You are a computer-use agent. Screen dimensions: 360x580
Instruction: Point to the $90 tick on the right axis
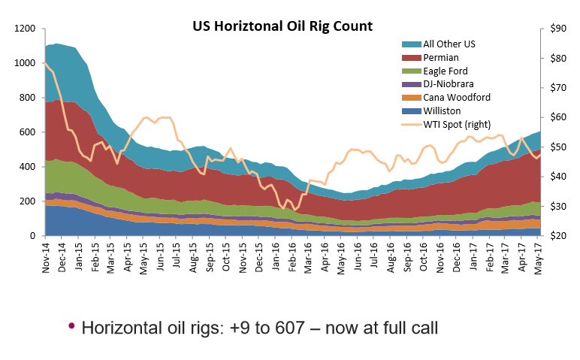[557, 29]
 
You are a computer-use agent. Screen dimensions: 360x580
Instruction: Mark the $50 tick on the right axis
[557, 147]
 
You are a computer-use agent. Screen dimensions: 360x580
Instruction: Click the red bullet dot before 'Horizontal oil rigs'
[71, 325]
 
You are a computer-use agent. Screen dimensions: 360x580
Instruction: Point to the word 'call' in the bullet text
[424, 328]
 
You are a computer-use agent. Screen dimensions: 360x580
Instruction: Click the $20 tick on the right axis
[557, 236]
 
